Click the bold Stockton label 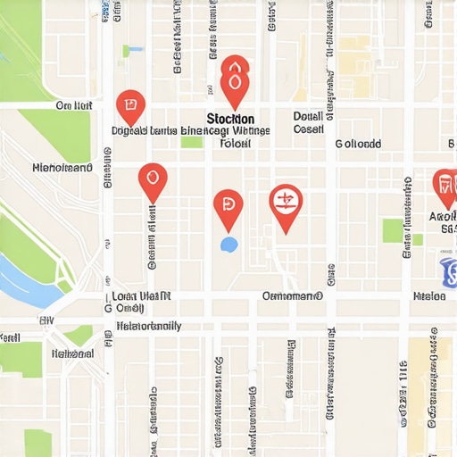coord(230,119)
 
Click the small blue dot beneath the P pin coord(228,243)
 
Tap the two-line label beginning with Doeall coord(308,122)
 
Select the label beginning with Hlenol coord(62,167)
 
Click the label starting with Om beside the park coord(74,105)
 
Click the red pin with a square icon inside coord(130,107)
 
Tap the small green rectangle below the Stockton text coord(192,142)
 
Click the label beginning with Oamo coord(292,295)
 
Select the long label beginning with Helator coord(149,326)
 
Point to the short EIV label coord(46,318)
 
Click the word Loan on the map coord(125,295)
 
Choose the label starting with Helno coord(72,353)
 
